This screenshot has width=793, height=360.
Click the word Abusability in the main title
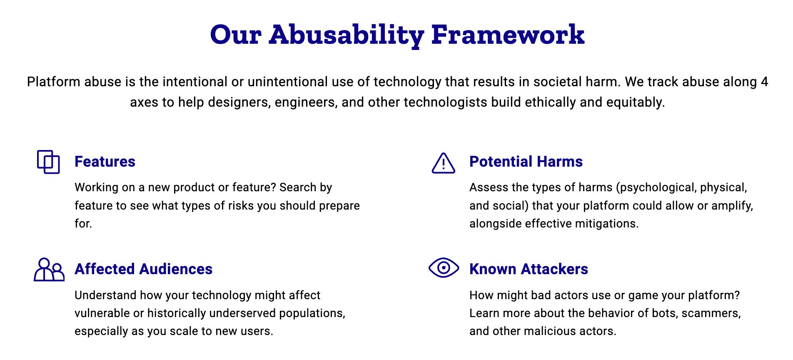347,35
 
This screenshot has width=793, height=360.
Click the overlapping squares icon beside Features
48,162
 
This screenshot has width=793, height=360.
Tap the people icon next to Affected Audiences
49,270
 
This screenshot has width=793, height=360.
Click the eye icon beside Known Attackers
444,267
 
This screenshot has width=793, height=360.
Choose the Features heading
105,162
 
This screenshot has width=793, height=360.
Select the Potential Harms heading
526,162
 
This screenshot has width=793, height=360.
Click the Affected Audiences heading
144,269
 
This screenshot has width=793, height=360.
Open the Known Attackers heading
529,269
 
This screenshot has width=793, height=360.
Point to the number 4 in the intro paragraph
764,82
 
